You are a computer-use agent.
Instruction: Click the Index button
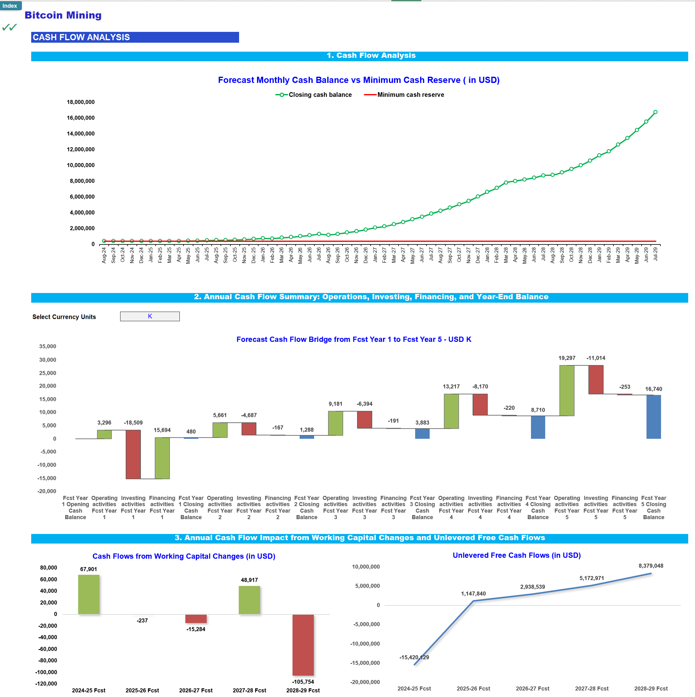click(10, 6)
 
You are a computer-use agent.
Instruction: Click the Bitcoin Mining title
click(63, 15)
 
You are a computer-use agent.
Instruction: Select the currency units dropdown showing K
click(150, 316)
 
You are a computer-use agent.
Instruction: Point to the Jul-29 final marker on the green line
click(655, 112)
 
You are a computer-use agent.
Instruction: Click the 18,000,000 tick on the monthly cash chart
click(81, 102)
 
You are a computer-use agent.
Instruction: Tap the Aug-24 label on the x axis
click(104, 255)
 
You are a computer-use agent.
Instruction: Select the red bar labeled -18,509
click(133, 454)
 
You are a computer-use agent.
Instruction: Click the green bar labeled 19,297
click(567, 390)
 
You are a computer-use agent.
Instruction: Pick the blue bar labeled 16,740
click(653, 417)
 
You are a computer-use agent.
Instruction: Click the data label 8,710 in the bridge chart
click(537, 410)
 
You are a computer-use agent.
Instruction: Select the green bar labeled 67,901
click(89, 594)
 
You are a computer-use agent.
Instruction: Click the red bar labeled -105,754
click(303, 645)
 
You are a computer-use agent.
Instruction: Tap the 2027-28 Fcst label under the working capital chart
click(249, 690)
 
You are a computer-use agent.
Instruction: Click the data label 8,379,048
click(651, 566)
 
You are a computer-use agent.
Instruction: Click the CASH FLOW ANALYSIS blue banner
click(135, 37)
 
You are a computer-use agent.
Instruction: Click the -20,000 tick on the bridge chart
click(47, 491)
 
